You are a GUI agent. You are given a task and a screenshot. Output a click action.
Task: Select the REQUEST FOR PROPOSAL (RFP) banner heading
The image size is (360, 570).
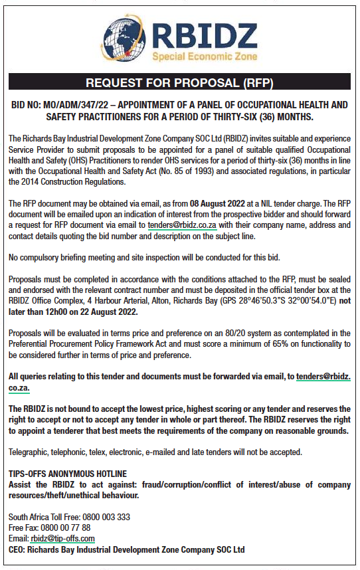pyautogui.click(x=180, y=83)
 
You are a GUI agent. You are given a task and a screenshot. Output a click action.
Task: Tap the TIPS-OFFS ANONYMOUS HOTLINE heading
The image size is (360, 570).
pyautogui.click(x=67, y=474)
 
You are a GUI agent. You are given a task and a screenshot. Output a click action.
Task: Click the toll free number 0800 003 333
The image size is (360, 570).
pyautogui.click(x=108, y=517)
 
